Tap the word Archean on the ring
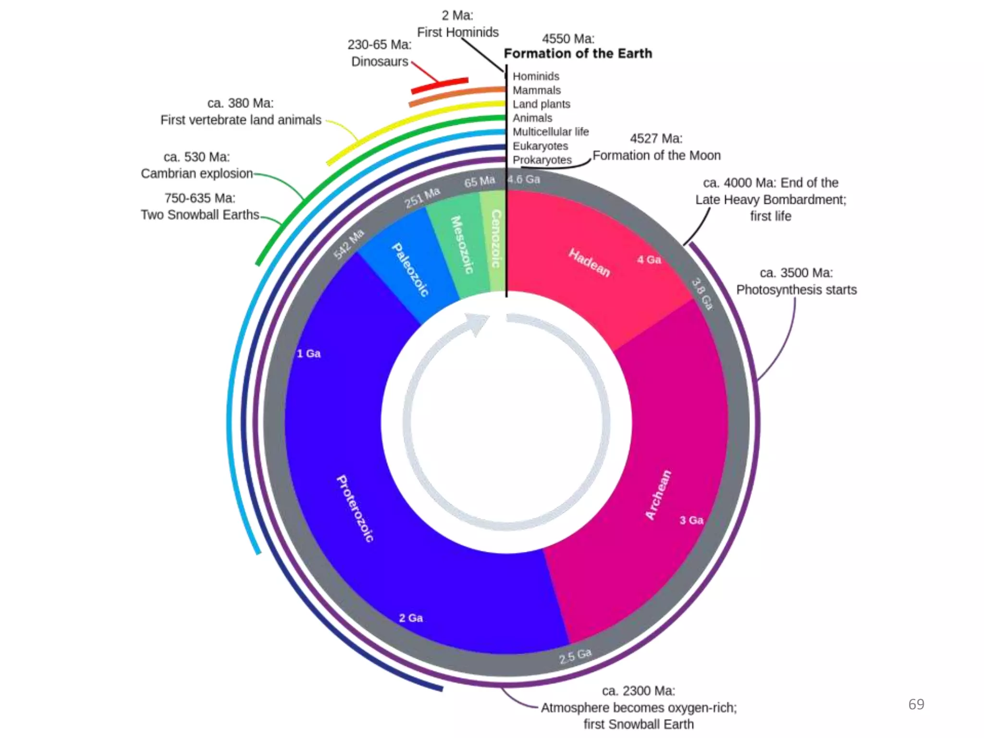[658, 494]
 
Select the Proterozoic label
[355, 508]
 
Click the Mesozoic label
[462, 245]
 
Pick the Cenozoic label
[496, 238]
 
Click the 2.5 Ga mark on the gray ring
[575, 655]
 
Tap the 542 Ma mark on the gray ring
[349, 244]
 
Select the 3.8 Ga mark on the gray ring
[702, 294]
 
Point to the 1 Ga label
[308, 354]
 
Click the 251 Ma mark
[422, 197]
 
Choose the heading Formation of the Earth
[578, 53]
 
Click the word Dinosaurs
[380, 61]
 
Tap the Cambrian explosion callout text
[197, 173]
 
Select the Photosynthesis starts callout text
[796, 290]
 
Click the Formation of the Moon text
[656, 155]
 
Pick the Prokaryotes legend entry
[542, 160]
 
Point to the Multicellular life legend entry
[551, 132]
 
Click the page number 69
[916, 704]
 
